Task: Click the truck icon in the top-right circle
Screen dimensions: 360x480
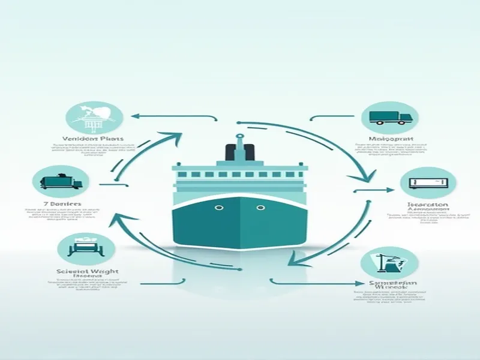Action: coord(391,118)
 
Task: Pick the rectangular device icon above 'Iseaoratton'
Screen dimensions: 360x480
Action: coord(428,182)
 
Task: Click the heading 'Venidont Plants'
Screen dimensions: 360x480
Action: coord(88,139)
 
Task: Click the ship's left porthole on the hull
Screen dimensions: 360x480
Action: coord(220,208)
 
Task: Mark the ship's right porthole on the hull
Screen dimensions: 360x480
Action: coord(260,208)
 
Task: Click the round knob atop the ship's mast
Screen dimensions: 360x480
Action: coord(239,136)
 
